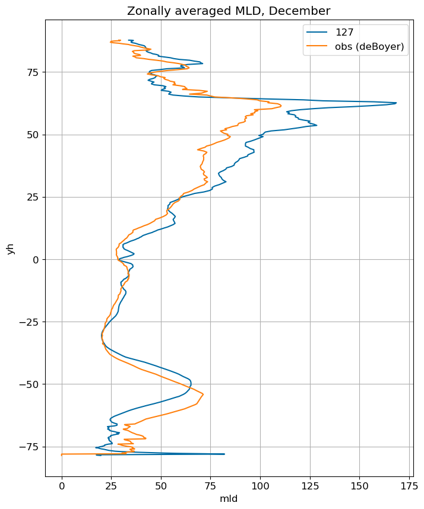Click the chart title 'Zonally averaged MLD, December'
[229, 11]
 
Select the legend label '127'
[344, 32]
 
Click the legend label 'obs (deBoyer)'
[369, 46]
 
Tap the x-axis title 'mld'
[229, 498]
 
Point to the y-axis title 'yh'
[11, 249]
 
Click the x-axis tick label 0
[62, 486]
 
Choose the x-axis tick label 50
[161, 486]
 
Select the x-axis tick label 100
[260, 486]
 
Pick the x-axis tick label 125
[310, 486]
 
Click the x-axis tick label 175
[409, 486]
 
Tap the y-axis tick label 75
[33, 72]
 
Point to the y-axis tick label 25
[33, 198]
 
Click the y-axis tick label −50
[30, 384]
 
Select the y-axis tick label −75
[30, 447]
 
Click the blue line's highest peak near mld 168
[396, 103]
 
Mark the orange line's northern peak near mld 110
[281, 106]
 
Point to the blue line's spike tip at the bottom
[224, 454]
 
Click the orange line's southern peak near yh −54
[204, 394]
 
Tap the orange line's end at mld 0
[62, 454]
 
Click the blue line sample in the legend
[317, 32]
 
